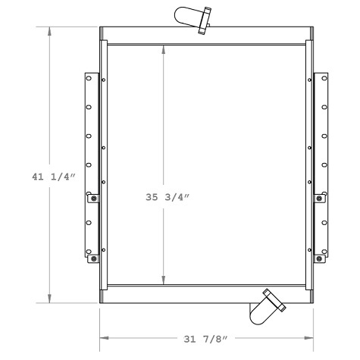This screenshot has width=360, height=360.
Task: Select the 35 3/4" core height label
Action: [x=167, y=197]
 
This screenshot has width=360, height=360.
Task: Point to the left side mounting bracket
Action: [x=92, y=167]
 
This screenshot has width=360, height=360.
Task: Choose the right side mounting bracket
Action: [x=321, y=167]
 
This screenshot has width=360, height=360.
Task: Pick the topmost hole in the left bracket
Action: [x=89, y=81]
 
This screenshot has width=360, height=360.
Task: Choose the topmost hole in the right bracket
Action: [x=324, y=81]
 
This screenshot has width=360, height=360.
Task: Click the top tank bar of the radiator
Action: [x=206, y=35]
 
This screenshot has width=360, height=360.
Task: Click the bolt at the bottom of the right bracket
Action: [x=320, y=258]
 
